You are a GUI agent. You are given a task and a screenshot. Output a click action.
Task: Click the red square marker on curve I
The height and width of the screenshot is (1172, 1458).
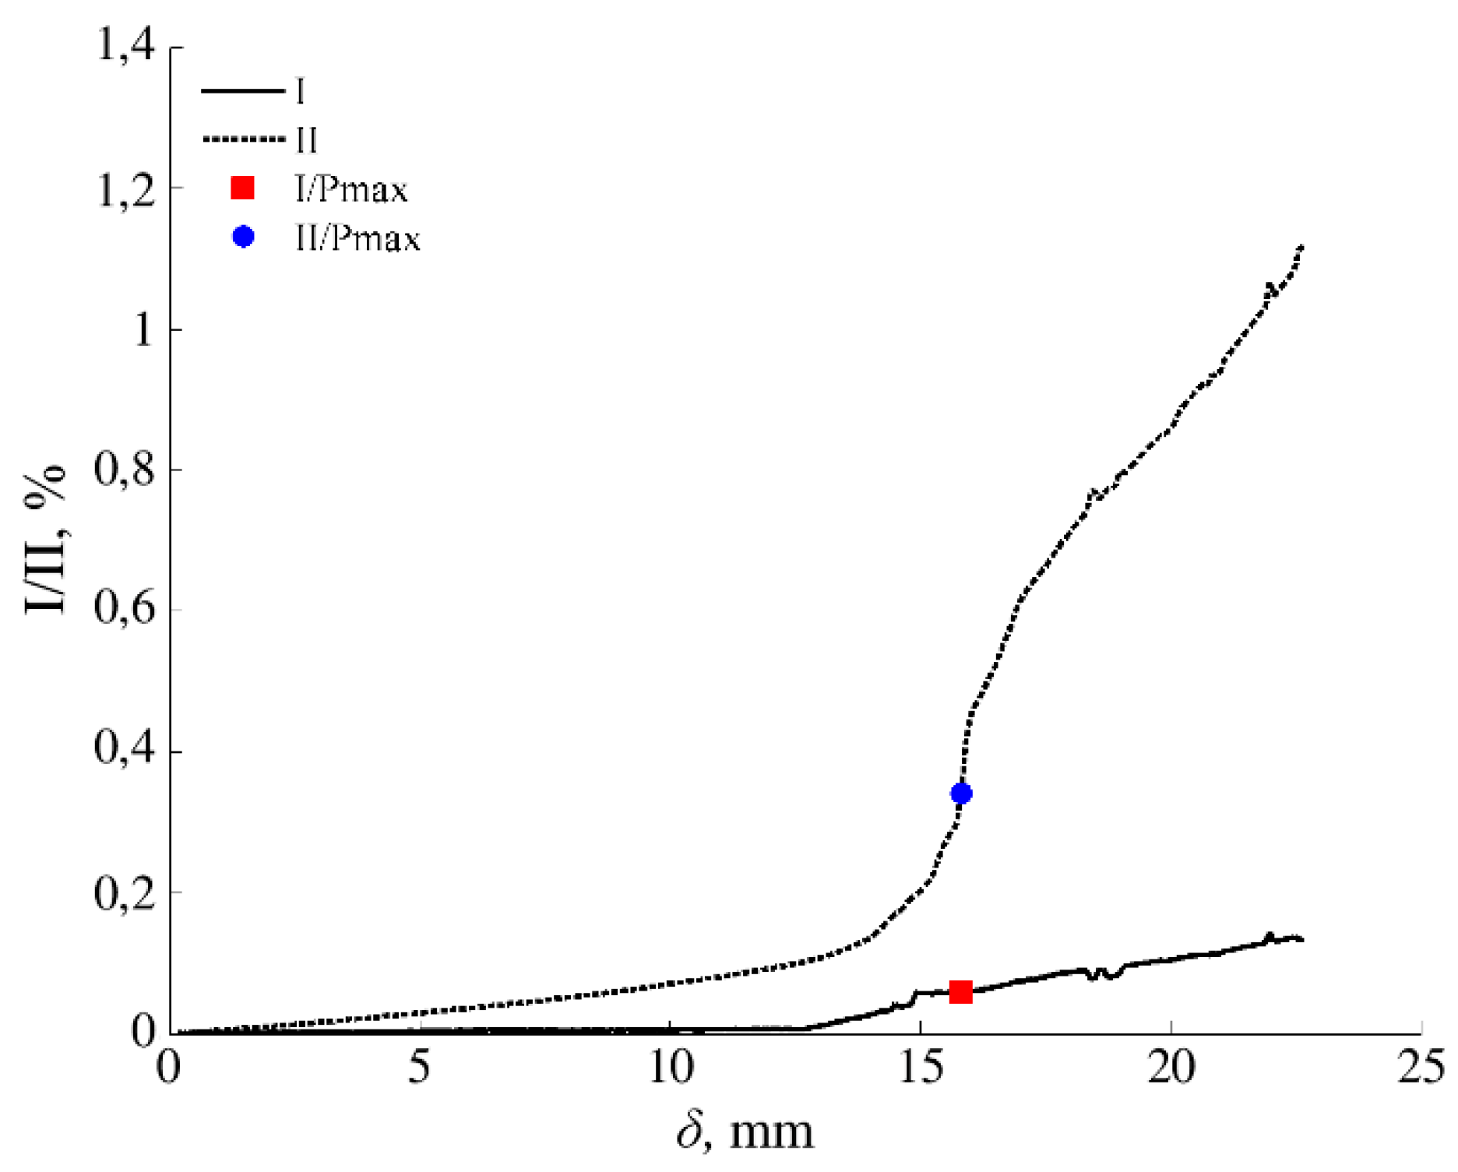960,991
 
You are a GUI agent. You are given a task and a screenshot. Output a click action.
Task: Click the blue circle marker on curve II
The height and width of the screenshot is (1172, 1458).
961,794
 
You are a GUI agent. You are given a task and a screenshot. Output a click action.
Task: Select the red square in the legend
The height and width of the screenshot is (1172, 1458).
243,188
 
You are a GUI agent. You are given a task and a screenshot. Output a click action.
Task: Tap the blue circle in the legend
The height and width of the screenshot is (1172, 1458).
243,236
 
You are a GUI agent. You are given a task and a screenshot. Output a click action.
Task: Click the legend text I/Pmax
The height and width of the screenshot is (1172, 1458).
351,189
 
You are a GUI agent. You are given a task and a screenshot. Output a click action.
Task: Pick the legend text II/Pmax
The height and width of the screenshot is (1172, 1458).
357,238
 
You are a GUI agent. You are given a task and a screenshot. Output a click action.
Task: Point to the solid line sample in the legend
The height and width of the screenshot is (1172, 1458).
243,91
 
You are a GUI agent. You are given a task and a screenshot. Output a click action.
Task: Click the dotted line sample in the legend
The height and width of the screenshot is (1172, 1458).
243,139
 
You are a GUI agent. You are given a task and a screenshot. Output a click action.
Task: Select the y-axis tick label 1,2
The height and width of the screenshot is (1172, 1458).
125,188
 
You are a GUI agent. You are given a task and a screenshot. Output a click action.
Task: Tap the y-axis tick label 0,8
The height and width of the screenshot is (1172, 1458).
125,470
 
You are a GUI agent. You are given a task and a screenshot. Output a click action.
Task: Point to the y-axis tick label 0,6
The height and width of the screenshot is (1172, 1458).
125,610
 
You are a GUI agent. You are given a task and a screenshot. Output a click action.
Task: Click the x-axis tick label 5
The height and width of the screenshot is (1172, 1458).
419,1068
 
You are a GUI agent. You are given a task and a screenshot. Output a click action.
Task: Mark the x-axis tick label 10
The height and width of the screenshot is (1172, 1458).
671,1068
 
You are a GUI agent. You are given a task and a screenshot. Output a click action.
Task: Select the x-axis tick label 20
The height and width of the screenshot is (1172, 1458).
1171,1068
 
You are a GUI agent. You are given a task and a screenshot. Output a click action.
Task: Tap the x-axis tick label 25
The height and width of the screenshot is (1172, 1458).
1421,1068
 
